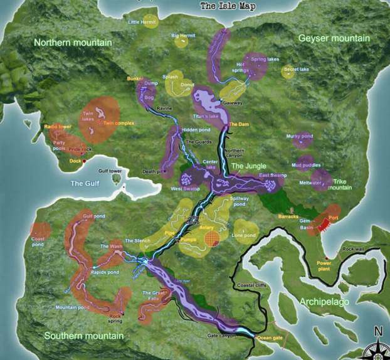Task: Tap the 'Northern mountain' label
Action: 73,43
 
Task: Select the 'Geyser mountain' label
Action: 334,38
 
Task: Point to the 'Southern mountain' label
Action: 83,336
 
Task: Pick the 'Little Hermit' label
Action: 142,22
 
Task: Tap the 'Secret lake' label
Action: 296,69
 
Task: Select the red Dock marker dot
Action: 85,161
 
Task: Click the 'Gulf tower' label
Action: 110,171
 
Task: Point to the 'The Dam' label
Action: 238,124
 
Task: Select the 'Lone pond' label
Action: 243,235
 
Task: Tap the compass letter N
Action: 378,332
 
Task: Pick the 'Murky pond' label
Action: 299,136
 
